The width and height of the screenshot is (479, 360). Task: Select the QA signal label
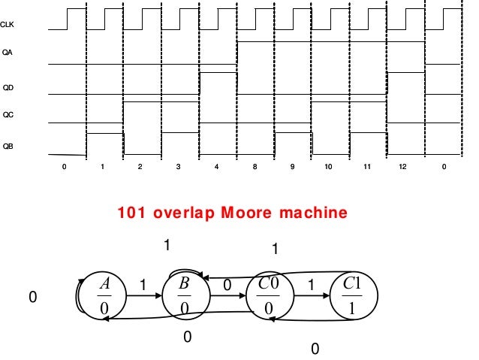(8, 53)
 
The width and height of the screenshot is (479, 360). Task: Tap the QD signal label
(8, 87)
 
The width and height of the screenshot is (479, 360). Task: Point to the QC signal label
(8, 115)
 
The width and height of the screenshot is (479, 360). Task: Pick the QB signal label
(8, 145)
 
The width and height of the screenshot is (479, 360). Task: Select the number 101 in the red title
(132, 213)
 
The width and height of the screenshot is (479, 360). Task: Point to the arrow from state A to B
(143, 296)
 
